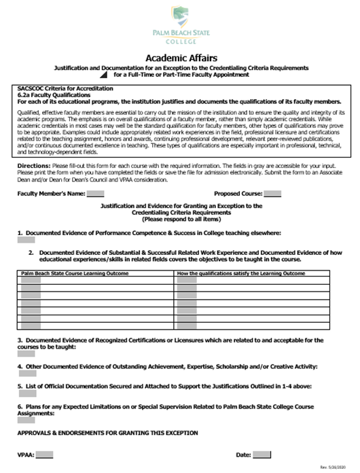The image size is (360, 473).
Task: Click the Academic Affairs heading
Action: [x=180, y=58]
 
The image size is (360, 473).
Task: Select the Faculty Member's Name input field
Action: [x=96, y=194]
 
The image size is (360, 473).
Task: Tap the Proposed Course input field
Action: [x=272, y=194]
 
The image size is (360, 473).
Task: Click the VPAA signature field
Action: [x=44, y=455]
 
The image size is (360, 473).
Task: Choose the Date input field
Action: [x=262, y=455]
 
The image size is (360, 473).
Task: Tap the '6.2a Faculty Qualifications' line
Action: [x=48, y=95]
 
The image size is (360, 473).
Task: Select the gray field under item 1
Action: [x=26, y=239]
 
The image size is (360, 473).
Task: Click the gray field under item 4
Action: [x=27, y=373]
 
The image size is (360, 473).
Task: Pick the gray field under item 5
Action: [x=27, y=393]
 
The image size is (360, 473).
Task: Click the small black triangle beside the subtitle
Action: [x=104, y=75]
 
